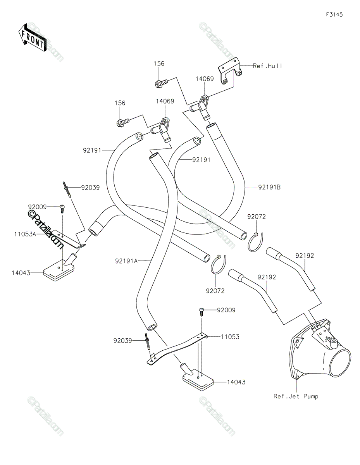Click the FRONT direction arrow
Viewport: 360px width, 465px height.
(33, 38)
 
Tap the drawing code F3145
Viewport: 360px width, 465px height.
(334, 15)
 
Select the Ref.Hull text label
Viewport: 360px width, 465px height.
(267, 66)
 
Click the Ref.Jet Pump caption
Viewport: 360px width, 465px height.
(296, 396)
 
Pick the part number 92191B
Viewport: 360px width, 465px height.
(269, 187)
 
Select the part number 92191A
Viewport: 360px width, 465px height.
(126, 261)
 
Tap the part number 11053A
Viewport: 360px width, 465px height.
(25, 234)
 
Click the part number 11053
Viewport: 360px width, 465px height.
(230, 337)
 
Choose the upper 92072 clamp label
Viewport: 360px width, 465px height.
(257, 217)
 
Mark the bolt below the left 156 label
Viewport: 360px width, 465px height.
(123, 122)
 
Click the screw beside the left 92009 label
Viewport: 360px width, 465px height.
(62, 209)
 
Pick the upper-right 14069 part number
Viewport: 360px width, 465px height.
(205, 79)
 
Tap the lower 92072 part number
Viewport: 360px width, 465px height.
(215, 291)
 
